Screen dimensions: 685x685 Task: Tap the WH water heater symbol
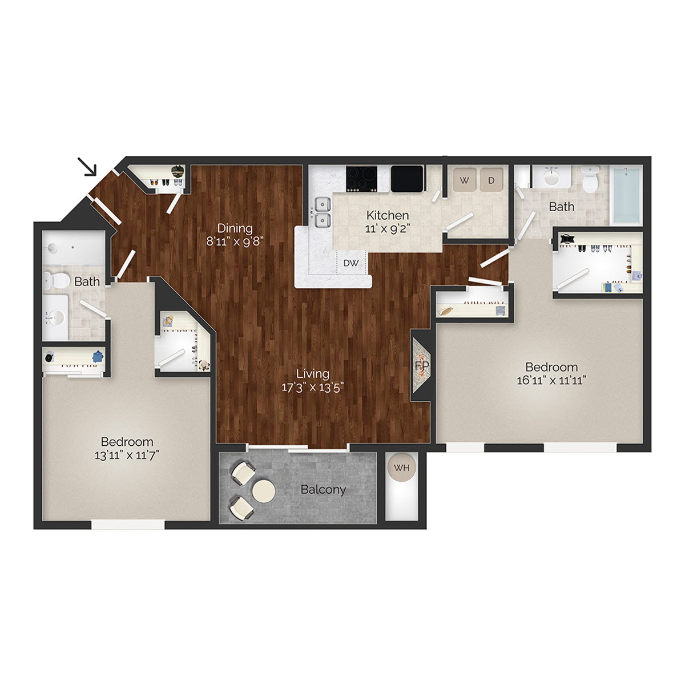coord(402,469)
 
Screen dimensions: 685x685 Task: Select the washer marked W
coord(465,181)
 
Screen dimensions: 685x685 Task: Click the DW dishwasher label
coord(351,263)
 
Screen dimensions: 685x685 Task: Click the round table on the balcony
coord(264,490)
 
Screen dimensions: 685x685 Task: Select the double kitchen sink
coord(322,211)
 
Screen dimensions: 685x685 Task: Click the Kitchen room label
coord(388,215)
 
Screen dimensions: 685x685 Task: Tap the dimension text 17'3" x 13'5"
coord(312,388)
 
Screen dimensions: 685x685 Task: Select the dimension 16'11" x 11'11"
coord(551,380)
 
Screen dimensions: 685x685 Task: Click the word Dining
coord(235,228)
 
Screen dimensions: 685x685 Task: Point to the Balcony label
coord(323,490)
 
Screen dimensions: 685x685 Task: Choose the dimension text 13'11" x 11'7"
coord(127,455)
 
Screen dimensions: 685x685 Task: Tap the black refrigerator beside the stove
coord(406,178)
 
